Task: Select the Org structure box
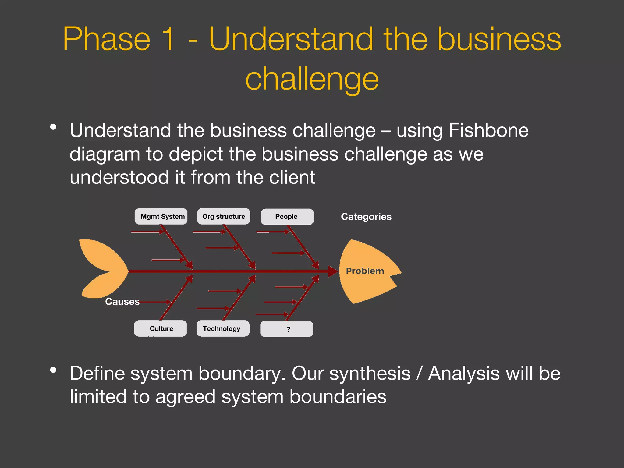pyautogui.click(x=223, y=217)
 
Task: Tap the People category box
pyautogui.click(x=287, y=217)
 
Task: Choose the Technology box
pyautogui.click(x=222, y=328)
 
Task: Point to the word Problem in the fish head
pyautogui.click(x=365, y=271)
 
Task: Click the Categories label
pyautogui.click(x=366, y=217)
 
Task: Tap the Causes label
pyautogui.click(x=122, y=301)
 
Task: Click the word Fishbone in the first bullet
pyautogui.click(x=488, y=130)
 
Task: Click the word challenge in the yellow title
pyautogui.click(x=312, y=79)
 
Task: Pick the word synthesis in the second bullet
pyautogui.click(x=370, y=374)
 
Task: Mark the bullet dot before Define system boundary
pyautogui.click(x=54, y=370)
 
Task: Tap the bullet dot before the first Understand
pyautogui.click(x=54, y=127)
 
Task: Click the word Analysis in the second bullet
pyautogui.click(x=464, y=374)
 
